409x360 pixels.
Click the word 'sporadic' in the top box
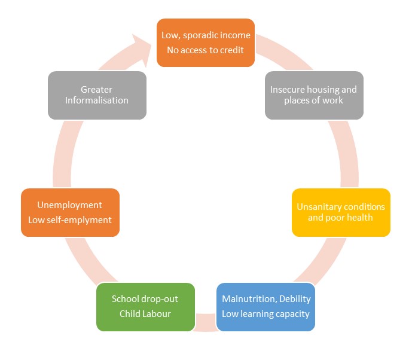point(203,35)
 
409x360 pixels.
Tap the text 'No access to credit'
point(205,50)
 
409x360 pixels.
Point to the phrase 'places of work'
point(313,100)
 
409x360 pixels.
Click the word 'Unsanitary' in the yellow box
point(319,207)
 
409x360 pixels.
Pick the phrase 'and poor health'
point(340,218)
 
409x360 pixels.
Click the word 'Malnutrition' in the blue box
point(248,298)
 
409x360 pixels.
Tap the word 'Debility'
point(294,298)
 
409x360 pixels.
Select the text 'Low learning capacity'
point(265,313)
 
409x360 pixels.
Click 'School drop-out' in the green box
point(145,298)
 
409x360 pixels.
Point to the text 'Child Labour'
point(145,313)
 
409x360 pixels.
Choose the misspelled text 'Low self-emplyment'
point(70,219)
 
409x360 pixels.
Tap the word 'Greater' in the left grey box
point(96,90)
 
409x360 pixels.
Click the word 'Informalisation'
point(96,100)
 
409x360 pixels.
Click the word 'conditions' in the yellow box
point(364,207)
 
